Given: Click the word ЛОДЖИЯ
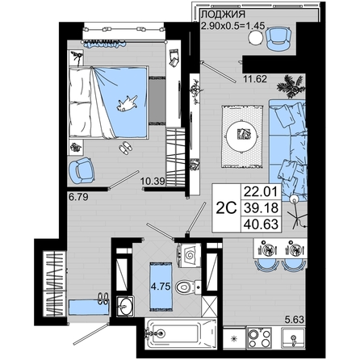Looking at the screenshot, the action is coord(223,14).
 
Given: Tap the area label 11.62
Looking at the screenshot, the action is coord(255,79).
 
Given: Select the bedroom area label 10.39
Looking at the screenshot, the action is coord(153,182).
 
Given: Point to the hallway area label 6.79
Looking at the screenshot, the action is coord(78,197).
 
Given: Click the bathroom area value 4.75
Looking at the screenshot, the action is coord(161,287).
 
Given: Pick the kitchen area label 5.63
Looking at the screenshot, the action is coord(295,320).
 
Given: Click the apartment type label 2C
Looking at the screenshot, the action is coord(227,207).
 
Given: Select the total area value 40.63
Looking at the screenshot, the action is coord(261,224).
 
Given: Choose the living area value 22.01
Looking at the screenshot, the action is coord(261,192).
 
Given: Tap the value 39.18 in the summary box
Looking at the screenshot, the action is coord(261,207).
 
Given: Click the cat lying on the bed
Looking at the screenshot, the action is coord(127,103).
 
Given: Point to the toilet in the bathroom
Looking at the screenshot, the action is coord(188,287).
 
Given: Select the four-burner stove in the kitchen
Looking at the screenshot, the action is coord(259,337).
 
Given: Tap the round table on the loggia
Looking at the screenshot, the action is coord(255,38).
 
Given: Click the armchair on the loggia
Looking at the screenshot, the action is coord(278,39).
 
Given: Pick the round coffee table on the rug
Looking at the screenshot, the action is coord(242,136).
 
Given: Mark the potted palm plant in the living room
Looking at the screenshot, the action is coord(291,86).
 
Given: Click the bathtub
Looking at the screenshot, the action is coord(180,334).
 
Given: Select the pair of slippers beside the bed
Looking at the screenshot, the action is coord(125,147).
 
